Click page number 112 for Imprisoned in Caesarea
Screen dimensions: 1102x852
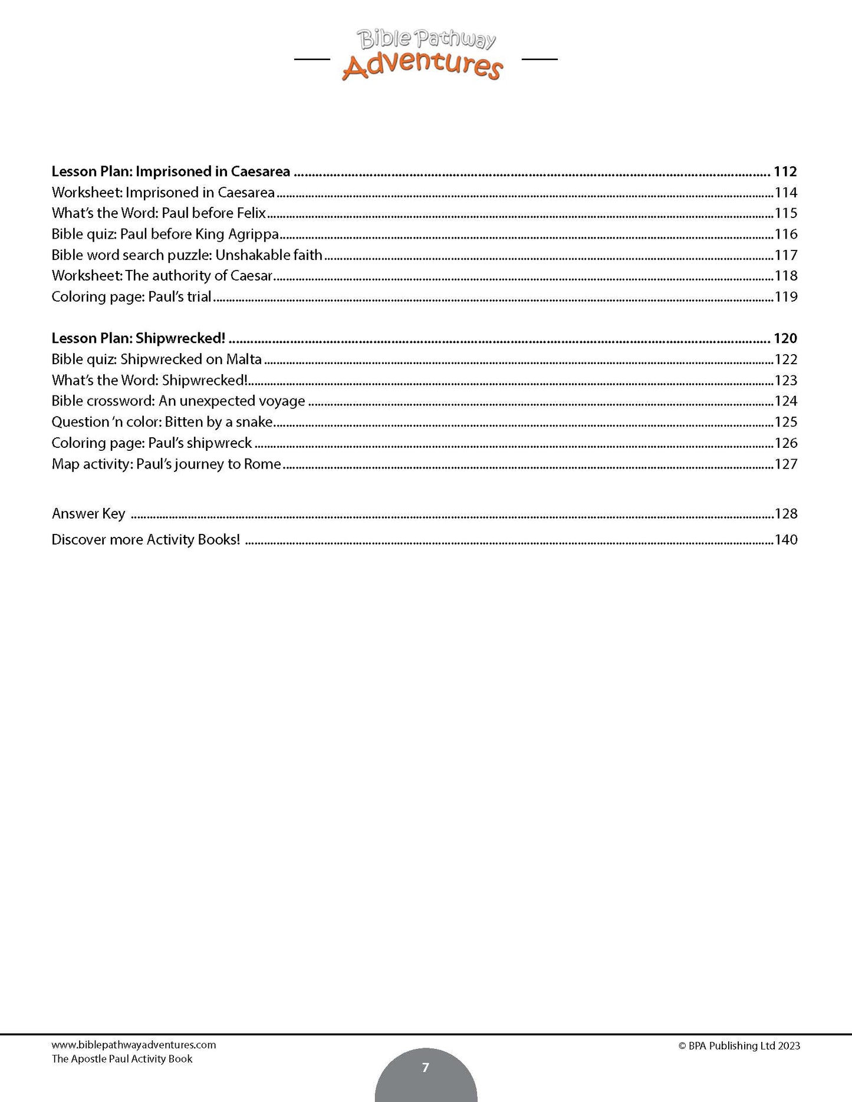tap(785, 171)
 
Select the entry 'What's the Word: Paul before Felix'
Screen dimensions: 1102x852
tap(159, 213)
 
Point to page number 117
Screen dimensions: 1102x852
tap(786, 255)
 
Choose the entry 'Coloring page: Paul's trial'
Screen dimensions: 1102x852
tap(131, 296)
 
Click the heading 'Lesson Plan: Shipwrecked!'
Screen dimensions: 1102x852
tap(139, 338)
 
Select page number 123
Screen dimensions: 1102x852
tap(786, 380)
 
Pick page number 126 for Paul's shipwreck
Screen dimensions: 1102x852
tap(786, 443)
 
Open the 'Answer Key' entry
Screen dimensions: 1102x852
tap(88, 514)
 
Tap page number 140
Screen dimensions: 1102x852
tap(786, 540)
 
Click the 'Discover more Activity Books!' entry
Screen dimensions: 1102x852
tap(146, 540)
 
